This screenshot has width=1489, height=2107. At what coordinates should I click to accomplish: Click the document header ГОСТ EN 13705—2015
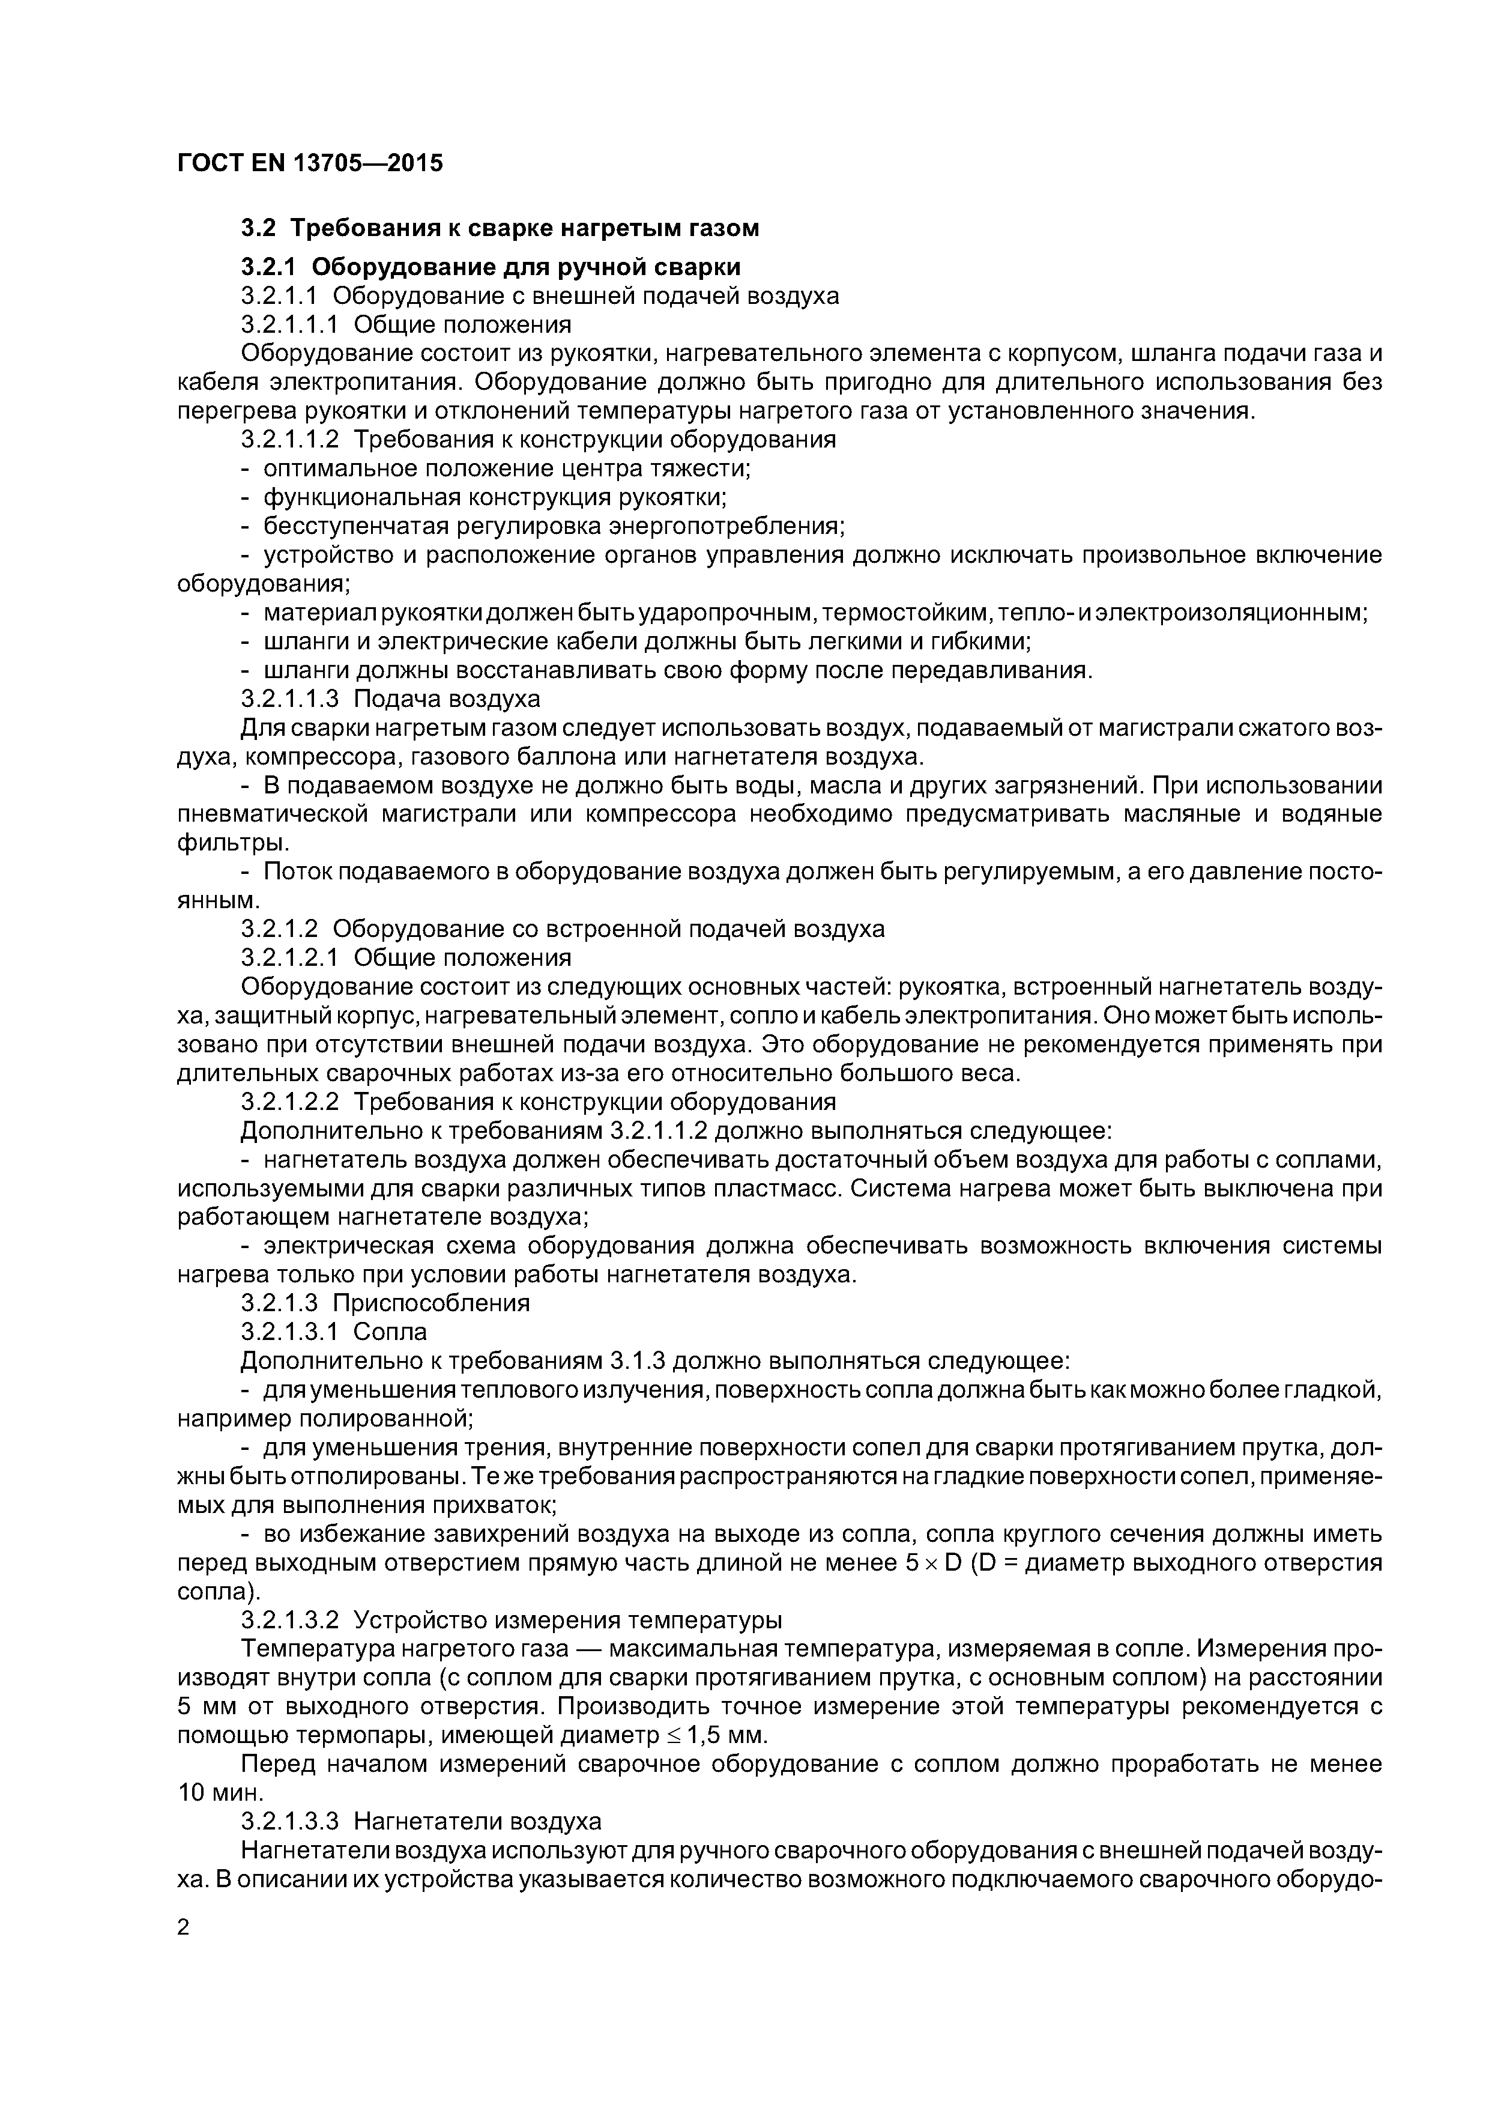tap(309, 163)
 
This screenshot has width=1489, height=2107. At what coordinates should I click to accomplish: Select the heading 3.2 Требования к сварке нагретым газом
tap(500, 228)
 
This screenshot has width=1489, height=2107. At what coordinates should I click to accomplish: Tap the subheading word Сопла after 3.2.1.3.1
tap(390, 1332)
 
